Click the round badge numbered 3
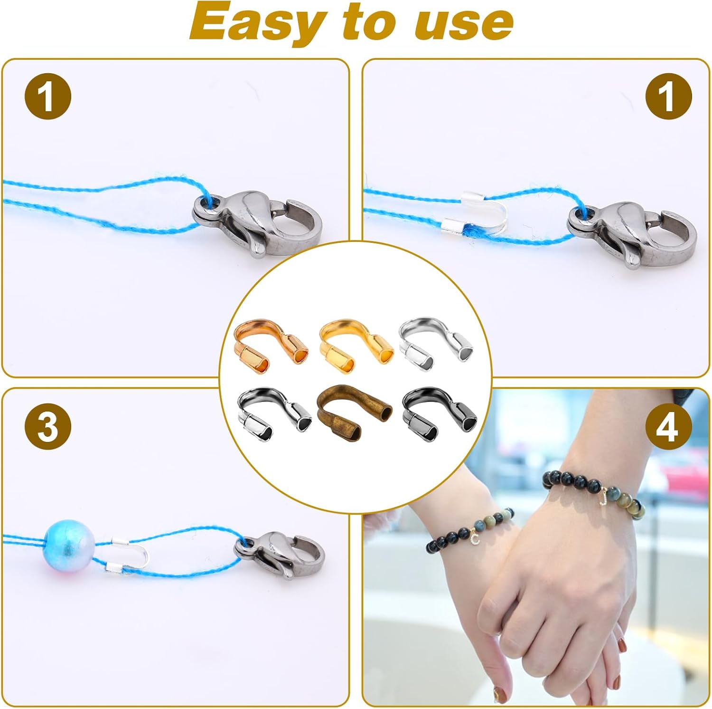tap(47, 427)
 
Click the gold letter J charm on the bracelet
tap(603, 497)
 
